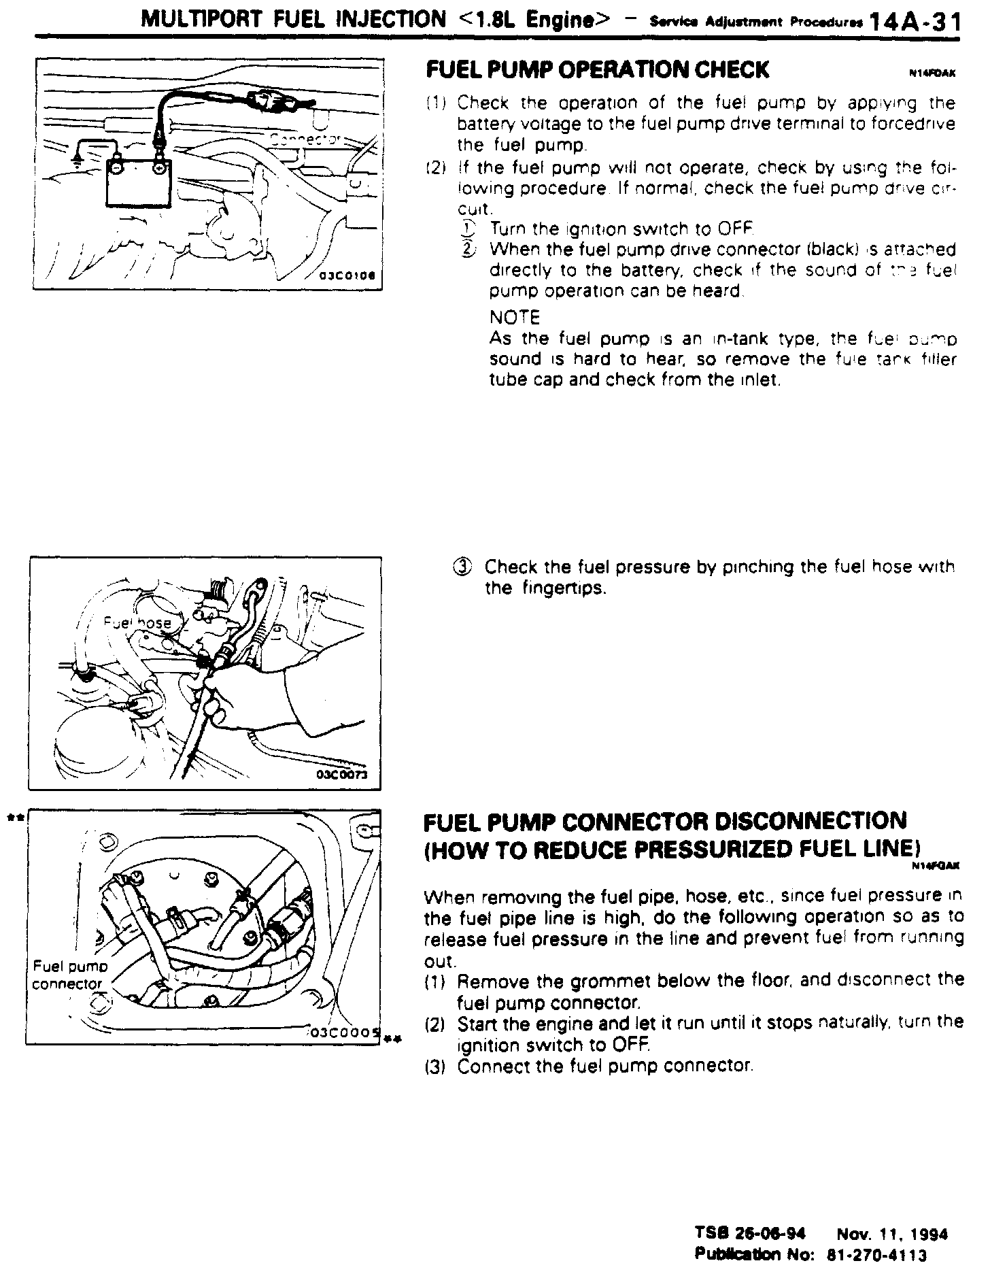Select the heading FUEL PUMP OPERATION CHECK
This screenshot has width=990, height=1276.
tap(596, 70)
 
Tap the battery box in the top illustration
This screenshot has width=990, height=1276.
tap(139, 184)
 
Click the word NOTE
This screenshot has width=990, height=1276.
tap(514, 318)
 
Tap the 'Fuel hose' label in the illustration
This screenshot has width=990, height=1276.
tap(137, 622)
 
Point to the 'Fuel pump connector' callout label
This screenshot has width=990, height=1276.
tap(70, 974)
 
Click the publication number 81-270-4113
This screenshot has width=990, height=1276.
tap(876, 1254)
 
